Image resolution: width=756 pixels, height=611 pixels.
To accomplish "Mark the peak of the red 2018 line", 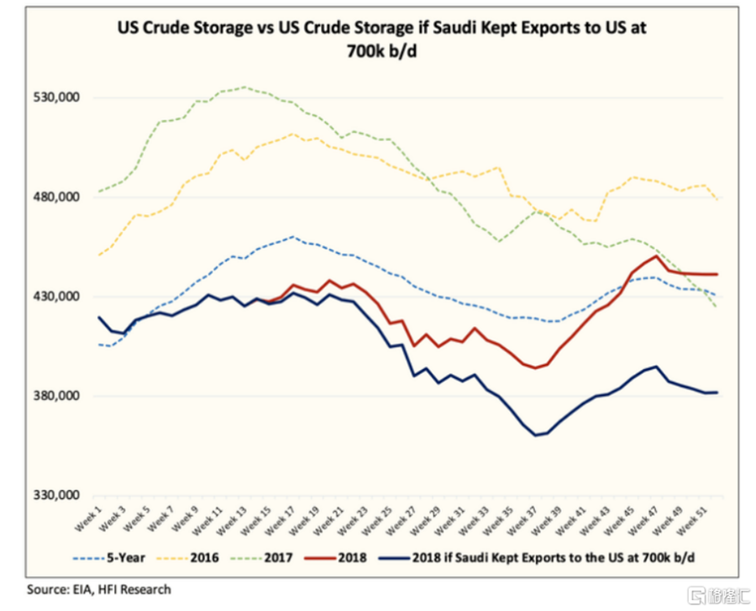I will (655, 255).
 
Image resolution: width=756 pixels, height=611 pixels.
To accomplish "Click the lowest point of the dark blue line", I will (535, 435).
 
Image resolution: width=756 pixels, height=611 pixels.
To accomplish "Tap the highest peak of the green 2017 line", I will (244, 87).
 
